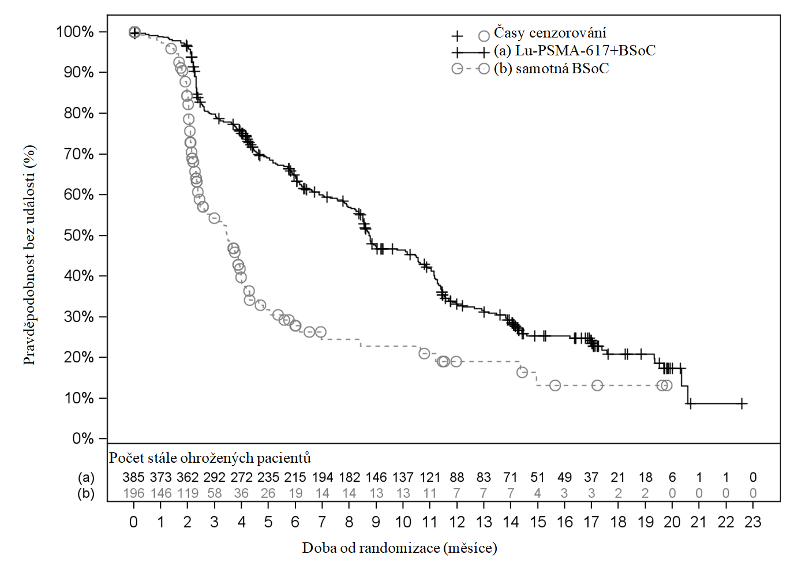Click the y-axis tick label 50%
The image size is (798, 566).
[78, 235]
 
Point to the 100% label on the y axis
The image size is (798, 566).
[75, 32]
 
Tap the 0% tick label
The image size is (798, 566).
[83, 439]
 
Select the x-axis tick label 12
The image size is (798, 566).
[457, 522]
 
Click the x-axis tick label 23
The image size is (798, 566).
[753, 522]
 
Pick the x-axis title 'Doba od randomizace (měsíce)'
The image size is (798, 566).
[399, 548]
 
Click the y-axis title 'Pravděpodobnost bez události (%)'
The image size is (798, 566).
[30, 255]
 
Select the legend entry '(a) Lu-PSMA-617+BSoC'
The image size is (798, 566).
[575, 51]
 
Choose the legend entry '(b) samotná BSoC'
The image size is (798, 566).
[551, 69]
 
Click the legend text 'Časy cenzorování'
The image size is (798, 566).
[550, 33]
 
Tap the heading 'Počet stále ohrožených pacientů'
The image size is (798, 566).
[210, 458]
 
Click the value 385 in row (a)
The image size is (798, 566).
[133, 478]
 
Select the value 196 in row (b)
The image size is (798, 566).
[133, 494]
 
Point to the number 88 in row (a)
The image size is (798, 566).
[457, 478]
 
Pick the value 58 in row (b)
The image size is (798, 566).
[214, 494]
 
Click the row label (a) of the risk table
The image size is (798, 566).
[87, 478]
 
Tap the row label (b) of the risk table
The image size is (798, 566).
[87, 494]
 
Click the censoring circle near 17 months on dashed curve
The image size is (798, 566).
[597, 385]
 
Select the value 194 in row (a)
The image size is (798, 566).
[323, 478]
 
